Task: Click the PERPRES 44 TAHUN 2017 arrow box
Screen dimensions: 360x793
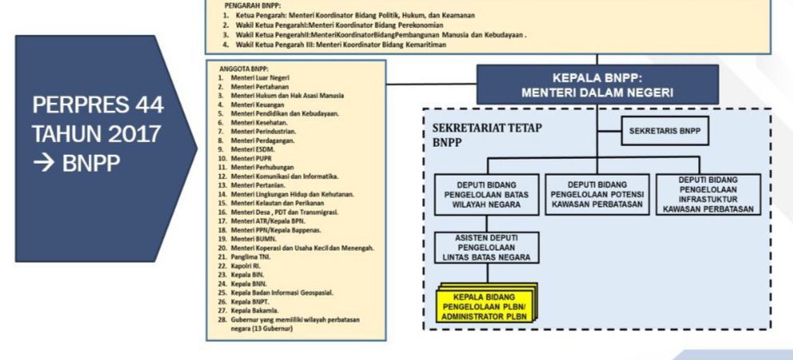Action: click(100, 148)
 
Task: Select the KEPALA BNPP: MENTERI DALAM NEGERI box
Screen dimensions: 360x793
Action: click(598, 85)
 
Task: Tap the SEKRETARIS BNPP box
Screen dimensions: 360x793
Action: click(665, 131)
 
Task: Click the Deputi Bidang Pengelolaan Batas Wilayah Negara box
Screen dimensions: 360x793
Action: click(486, 193)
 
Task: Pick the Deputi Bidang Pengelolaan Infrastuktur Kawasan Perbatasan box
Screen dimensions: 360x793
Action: click(708, 193)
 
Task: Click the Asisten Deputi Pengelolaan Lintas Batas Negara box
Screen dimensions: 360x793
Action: click(486, 248)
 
